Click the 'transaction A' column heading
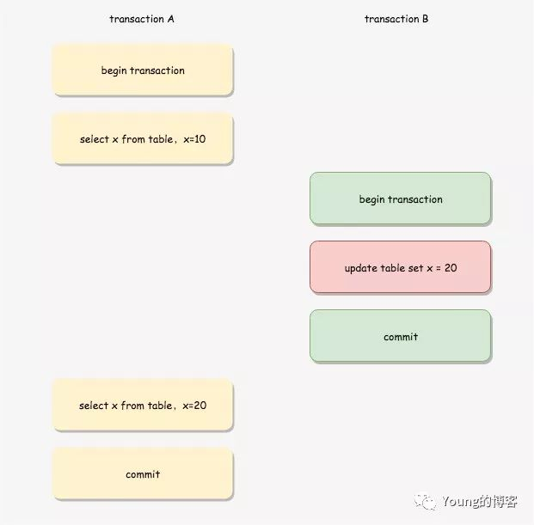(x=142, y=19)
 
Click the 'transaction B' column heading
(x=396, y=19)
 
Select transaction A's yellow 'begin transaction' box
(x=143, y=70)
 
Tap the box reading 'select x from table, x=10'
(x=143, y=138)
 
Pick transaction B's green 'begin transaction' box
(x=401, y=199)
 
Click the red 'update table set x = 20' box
(x=401, y=268)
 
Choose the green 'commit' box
(x=401, y=337)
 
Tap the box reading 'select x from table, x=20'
(x=143, y=406)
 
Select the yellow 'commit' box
(x=143, y=474)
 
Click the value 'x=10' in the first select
(x=194, y=139)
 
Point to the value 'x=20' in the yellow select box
(x=194, y=406)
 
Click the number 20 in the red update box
(x=451, y=268)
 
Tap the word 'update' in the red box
(x=361, y=269)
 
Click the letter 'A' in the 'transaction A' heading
(x=171, y=19)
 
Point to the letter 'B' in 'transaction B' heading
(x=425, y=19)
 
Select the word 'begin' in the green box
(x=372, y=200)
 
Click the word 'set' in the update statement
(x=415, y=268)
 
